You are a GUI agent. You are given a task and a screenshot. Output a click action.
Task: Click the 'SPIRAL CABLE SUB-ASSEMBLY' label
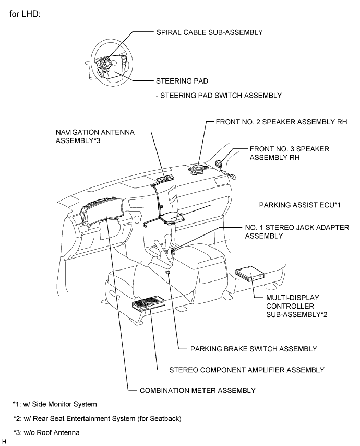[x=209, y=32]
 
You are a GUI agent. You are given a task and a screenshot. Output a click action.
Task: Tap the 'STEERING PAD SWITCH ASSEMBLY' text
[x=219, y=96]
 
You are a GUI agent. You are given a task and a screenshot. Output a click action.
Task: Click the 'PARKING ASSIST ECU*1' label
[x=299, y=206]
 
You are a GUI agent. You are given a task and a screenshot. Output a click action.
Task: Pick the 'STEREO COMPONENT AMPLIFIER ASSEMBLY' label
[x=247, y=370]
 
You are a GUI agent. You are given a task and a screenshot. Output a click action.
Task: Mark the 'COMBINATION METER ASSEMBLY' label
[x=198, y=390]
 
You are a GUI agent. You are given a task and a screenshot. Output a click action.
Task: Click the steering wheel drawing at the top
[x=110, y=58]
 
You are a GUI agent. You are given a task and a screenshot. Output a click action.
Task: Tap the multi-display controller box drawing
[x=250, y=274]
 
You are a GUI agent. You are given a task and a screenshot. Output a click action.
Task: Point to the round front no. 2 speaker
[x=199, y=169]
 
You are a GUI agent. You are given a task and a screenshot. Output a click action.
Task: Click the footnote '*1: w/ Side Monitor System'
[x=55, y=404]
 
